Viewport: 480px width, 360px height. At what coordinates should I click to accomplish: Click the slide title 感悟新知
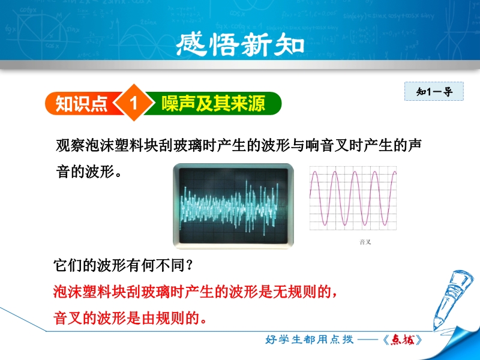tap(240, 44)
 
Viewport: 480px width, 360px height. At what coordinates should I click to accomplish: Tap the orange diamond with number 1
tap(133, 103)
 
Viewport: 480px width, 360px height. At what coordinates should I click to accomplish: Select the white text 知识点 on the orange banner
tap(81, 103)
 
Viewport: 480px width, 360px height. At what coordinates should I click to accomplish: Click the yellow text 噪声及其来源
tap(214, 103)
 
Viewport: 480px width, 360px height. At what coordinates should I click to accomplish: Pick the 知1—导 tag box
tap(434, 91)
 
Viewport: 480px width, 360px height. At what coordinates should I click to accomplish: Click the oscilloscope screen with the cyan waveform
tap(233, 206)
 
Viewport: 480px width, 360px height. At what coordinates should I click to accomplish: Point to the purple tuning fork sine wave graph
tap(353, 198)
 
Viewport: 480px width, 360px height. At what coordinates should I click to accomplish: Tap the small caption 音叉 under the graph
tap(365, 242)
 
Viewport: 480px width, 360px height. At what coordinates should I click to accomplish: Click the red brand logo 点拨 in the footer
tap(403, 340)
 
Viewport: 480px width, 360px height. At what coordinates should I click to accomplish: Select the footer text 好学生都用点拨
tap(309, 340)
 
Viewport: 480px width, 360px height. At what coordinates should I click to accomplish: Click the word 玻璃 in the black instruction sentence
tap(188, 145)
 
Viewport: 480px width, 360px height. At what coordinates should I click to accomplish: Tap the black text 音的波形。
tap(89, 171)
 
